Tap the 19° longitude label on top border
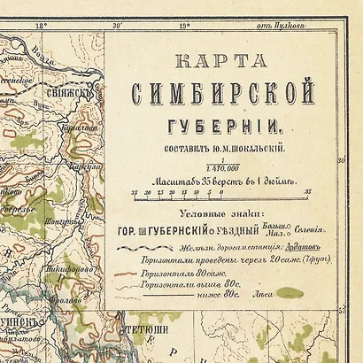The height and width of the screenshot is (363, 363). pos(185,27)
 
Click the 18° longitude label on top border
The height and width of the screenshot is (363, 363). pos(40,27)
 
